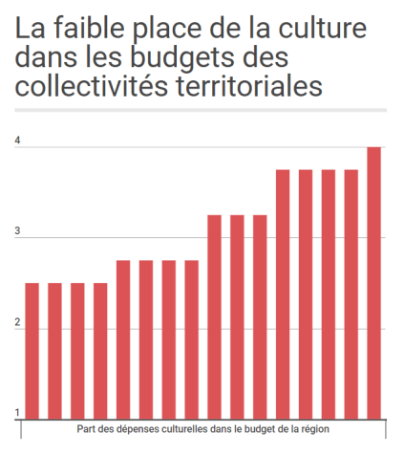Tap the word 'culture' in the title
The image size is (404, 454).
point(317,29)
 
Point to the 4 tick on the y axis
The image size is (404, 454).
point(17,141)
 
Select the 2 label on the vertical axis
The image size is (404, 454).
point(17,323)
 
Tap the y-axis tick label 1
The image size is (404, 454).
point(17,413)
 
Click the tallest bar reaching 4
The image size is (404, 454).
point(374,283)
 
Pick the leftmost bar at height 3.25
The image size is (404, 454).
point(215,316)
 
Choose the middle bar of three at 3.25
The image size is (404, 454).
point(238,316)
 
